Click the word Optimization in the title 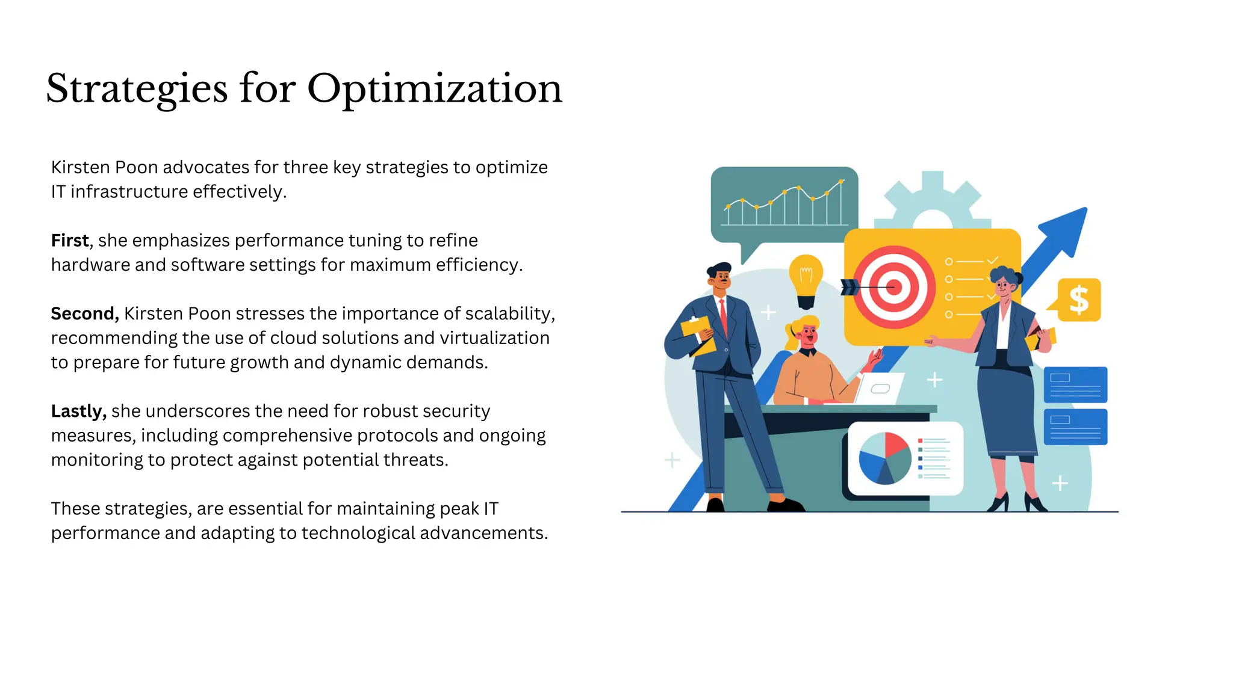(434, 89)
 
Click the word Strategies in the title (137, 89)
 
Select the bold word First (70, 241)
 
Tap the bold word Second (84, 313)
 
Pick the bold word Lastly (78, 411)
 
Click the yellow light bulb (806, 278)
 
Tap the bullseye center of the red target (894, 288)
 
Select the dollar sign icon (1079, 300)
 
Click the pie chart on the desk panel (884, 458)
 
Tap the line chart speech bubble (784, 205)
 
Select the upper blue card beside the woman (1075, 385)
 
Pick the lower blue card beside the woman (1075, 427)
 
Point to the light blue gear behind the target (933, 199)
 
